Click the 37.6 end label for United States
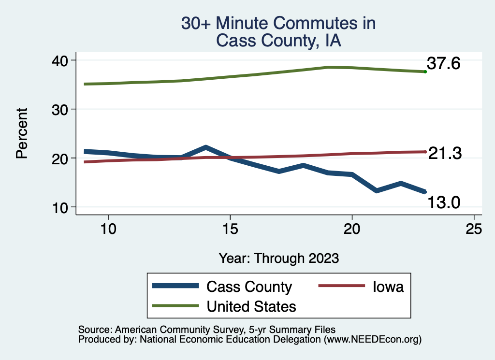click(x=443, y=63)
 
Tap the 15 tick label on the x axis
click(x=230, y=229)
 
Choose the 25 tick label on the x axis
click(x=474, y=229)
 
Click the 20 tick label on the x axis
click(x=352, y=229)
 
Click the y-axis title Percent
click(x=22, y=133)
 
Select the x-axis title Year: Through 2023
click(x=278, y=258)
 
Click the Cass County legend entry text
click(x=249, y=287)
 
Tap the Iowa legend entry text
click(x=388, y=287)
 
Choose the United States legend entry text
click(x=251, y=306)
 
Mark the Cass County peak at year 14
click(x=205, y=147)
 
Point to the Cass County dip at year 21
click(x=376, y=191)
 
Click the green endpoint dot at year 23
click(x=425, y=72)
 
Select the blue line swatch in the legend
click(x=175, y=286)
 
